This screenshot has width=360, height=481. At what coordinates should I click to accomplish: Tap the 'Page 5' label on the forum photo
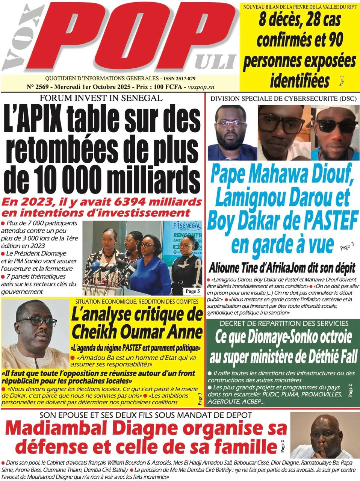tap(192, 291)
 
